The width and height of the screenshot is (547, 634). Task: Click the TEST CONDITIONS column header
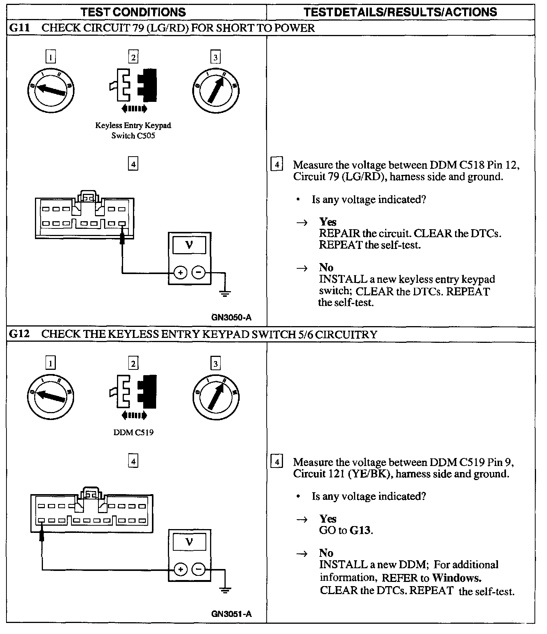[133, 12]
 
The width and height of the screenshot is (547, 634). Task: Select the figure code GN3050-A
[231, 317]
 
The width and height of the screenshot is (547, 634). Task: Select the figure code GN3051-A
[231, 614]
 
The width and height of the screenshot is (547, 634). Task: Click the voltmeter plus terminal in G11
[180, 273]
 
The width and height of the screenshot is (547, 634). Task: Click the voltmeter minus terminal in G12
[198, 569]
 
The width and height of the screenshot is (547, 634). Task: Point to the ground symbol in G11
[225, 293]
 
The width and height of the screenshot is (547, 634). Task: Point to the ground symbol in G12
[225, 590]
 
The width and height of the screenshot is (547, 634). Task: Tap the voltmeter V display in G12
[189, 542]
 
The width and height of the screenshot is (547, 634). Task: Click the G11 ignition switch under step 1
[51, 90]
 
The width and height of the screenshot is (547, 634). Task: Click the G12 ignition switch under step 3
[215, 396]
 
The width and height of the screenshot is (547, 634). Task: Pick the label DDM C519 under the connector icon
[133, 432]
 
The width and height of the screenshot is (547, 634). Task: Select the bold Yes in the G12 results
[328, 519]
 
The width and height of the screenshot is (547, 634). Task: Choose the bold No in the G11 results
[326, 267]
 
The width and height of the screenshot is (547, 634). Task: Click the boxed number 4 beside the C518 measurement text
[277, 165]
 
